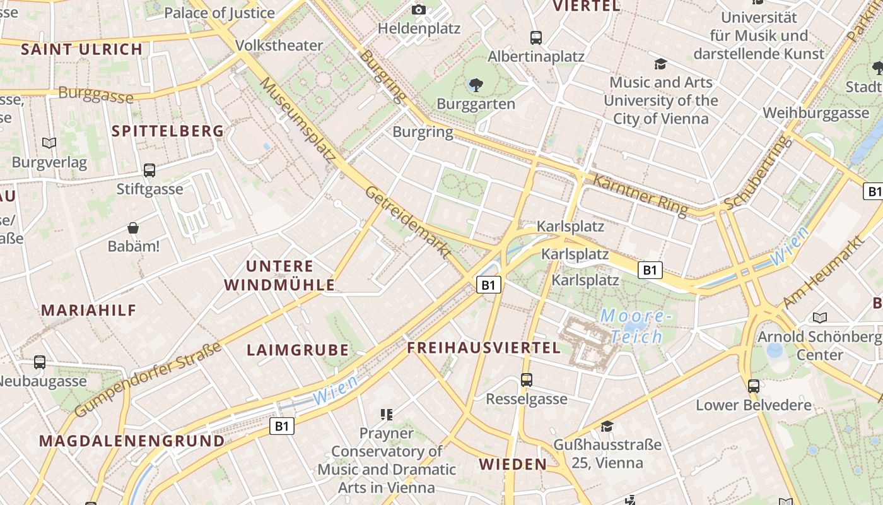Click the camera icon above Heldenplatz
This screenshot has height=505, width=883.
419,9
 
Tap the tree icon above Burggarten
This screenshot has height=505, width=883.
476,85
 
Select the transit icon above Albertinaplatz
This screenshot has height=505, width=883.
536,38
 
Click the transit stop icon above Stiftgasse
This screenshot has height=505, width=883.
149,170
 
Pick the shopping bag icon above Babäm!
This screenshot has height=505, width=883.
133,228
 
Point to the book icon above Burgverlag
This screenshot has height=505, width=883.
49,143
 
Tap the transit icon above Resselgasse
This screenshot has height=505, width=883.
527,380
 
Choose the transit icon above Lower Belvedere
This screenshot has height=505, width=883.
754,386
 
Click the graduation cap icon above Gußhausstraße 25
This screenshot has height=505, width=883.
607,426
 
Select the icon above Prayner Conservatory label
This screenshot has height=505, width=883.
387,415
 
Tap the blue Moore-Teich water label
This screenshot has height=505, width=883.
633,326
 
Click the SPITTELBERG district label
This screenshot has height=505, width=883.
168,131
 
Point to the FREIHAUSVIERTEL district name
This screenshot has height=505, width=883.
484,348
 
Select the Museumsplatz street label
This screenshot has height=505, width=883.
296,120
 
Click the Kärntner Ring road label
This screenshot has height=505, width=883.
640,195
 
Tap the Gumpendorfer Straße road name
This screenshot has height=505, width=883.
148,379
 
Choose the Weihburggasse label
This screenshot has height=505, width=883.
816,113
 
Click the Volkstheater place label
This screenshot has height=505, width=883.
279,45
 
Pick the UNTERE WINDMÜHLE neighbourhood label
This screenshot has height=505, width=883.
279,275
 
